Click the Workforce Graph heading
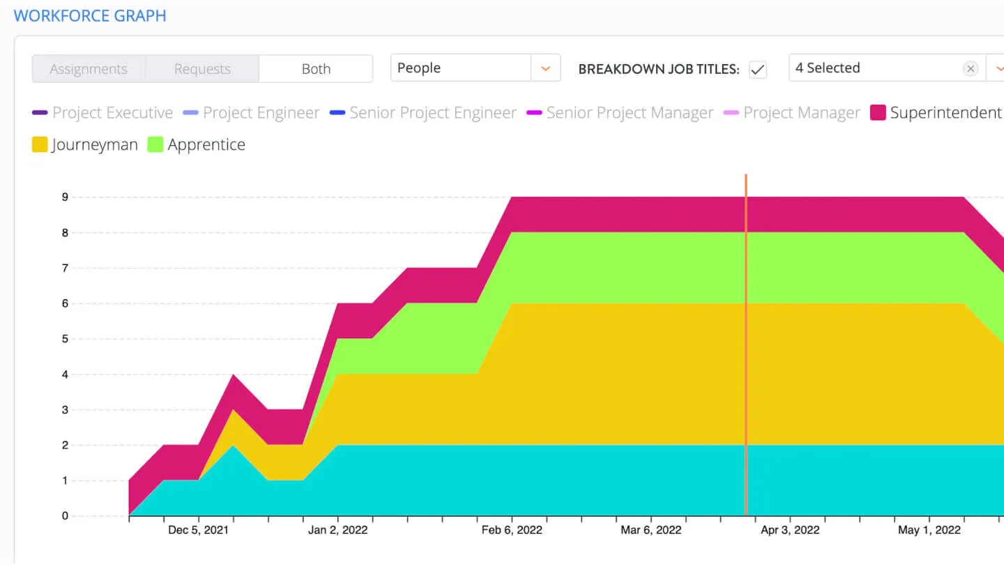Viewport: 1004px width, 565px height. pos(90,15)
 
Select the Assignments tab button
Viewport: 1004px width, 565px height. pos(89,69)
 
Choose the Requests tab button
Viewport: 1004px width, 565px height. pos(202,69)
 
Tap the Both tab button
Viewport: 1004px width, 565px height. pos(316,69)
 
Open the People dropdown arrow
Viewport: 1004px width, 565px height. pos(546,68)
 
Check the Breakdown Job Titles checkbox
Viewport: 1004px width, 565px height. pos(757,69)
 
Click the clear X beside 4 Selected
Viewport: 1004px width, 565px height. pos(970,68)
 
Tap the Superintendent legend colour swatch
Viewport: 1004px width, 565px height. pos(878,113)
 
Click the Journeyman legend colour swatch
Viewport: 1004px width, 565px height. pos(40,145)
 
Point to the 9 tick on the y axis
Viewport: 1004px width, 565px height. pos(65,197)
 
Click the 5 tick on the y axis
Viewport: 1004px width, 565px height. pos(65,339)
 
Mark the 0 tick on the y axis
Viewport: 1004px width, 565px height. pos(65,516)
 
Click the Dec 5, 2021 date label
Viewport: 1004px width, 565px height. pos(198,530)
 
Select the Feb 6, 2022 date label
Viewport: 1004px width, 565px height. pos(512,530)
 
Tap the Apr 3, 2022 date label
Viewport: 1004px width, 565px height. pos(790,530)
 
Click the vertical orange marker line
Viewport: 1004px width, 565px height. pos(746,349)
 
